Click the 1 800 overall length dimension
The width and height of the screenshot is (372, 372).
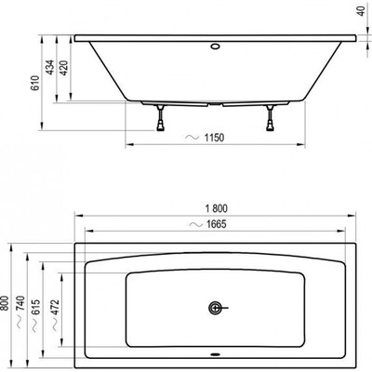[x=217, y=208]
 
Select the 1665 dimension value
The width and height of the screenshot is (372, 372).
[x=217, y=224]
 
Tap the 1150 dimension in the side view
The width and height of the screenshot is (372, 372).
[x=214, y=138]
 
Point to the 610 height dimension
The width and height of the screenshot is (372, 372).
[x=35, y=83]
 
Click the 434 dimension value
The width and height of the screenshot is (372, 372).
[x=50, y=68]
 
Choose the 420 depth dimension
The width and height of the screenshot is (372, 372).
[x=64, y=68]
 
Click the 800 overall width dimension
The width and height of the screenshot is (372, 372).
[x=5, y=303]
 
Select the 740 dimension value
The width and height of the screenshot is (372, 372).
[x=20, y=304]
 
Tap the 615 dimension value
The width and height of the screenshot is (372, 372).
[x=35, y=307]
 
